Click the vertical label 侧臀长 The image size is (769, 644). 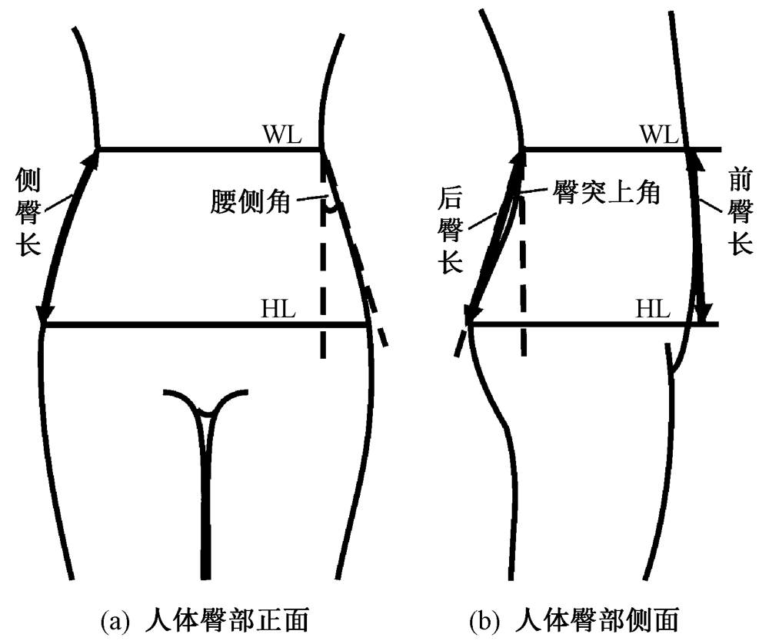[x=28, y=214]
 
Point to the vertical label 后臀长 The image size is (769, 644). [x=449, y=230]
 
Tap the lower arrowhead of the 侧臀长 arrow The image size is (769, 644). [x=45, y=314]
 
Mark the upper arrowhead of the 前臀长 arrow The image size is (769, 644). [x=693, y=158]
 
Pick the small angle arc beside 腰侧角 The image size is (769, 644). [x=331, y=206]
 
